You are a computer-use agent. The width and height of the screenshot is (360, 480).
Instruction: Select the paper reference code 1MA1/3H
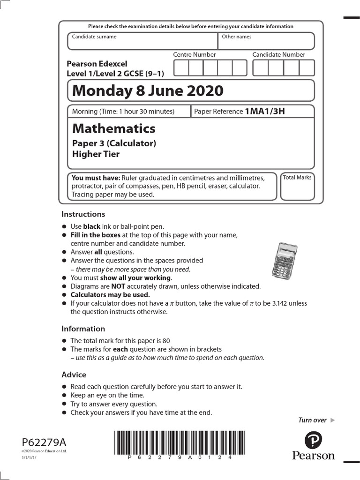tap(265, 111)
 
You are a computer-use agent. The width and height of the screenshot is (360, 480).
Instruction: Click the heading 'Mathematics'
tap(114, 128)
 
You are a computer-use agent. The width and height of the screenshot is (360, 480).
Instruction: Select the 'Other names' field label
tap(236, 37)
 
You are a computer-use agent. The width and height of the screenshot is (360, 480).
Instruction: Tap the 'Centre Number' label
tap(195, 54)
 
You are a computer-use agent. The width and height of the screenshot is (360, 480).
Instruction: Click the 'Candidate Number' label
tap(278, 54)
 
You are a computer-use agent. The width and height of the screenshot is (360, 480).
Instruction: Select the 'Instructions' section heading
tap(83, 214)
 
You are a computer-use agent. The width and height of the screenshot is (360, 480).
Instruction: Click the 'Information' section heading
tap(83, 329)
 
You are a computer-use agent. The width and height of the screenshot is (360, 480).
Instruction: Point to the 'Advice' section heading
tap(74, 375)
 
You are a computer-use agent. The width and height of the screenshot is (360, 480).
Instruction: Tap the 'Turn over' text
tap(312, 420)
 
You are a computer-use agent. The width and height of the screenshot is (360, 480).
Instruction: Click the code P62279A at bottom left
tap(45, 442)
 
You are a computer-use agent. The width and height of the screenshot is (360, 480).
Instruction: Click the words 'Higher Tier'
tap(96, 154)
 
